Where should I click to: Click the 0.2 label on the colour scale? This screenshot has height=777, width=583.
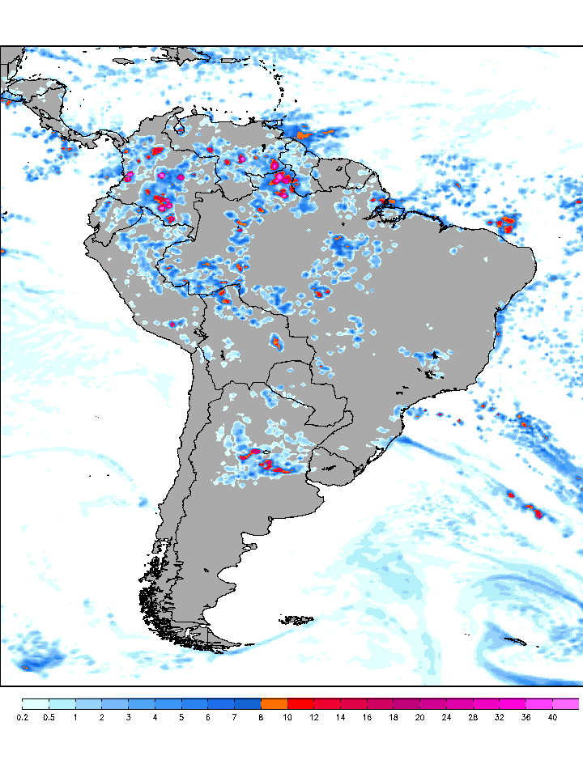[x=23, y=717]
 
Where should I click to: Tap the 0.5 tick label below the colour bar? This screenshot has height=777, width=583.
[x=49, y=717]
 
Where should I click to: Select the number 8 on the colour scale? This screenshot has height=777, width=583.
[x=261, y=717]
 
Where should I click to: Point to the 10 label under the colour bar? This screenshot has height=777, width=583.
[x=287, y=717]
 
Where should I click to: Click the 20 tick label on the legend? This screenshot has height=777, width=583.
[x=419, y=717]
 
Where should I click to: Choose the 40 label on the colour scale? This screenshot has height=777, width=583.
[x=552, y=717]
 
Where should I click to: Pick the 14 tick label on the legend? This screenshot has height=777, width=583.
[x=340, y=717]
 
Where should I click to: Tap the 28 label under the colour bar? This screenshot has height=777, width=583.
[x=473, y=717]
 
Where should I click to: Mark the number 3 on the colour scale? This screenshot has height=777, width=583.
[x=128, y=717]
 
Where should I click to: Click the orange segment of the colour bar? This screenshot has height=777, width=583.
[x=274, y=703]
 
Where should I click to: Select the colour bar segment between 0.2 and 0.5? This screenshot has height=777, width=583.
[x=36, y=703]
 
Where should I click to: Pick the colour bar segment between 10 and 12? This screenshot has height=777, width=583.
[x=300, y=703]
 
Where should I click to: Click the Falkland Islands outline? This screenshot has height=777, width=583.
[x=296, y=621]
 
